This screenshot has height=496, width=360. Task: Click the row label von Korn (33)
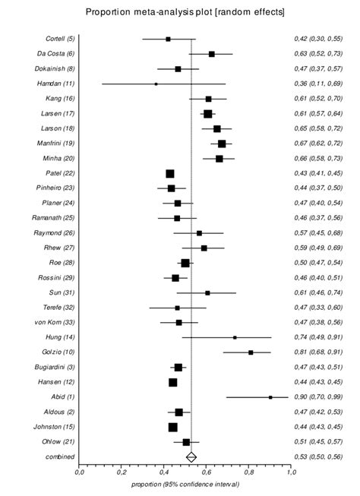coord(55,322)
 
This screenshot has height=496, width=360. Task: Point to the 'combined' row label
coord(59,457)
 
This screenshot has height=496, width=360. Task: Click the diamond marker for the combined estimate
coord(191,457)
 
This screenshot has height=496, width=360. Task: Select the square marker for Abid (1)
coord(270,396)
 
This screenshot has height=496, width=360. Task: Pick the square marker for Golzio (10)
coord(251,352)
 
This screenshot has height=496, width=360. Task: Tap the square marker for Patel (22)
coord(170,174)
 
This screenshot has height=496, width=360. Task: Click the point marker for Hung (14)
coord(235,337)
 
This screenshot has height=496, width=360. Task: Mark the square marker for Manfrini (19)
coord(221,144)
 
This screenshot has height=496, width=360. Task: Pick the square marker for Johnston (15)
coord(172,427)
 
